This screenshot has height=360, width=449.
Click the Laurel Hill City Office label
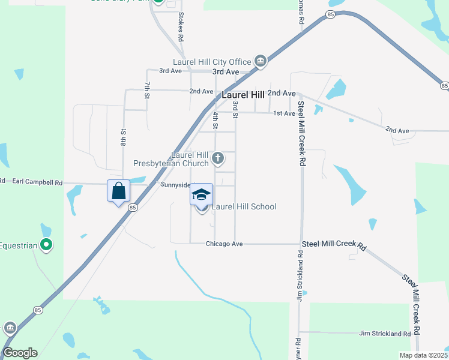coord(211,62)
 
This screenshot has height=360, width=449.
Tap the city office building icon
coord(261,61)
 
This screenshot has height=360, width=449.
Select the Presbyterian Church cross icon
coord(218,159)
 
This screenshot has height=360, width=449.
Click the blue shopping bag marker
coord(119,191)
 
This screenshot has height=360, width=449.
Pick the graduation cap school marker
coord(202,194)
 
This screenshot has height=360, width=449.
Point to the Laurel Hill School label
coord(243,207)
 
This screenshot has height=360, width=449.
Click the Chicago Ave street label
coord(224,244)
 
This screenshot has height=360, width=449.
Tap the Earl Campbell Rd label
coord(37,181)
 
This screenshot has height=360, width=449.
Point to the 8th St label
coord(123,137)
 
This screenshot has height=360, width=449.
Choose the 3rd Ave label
coord(170,71)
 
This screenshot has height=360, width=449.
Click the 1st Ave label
coord(284,113)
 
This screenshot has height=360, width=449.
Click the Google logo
coord(19,353)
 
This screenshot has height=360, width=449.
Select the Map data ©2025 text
coord(423,355)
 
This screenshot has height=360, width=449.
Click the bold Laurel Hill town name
coord(243,95)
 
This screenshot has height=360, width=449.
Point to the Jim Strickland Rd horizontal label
coord(385,333)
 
